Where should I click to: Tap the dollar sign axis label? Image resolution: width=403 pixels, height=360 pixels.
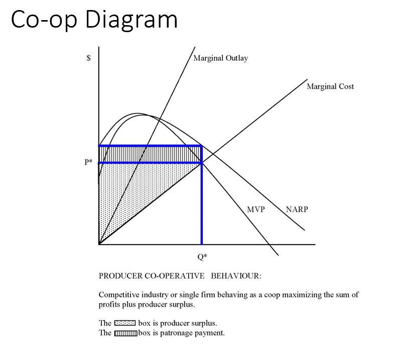click(89, 58)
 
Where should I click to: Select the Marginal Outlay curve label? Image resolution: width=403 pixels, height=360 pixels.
click(221, 58)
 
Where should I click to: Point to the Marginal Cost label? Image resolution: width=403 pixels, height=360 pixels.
click(330, 86)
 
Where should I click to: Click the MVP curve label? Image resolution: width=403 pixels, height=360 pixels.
click(256, 209)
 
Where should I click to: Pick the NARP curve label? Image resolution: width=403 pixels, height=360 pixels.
click(297, 209)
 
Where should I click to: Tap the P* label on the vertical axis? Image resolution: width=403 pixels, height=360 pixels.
click(89, 162)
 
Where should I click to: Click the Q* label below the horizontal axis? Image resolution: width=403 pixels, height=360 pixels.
click(202, 257)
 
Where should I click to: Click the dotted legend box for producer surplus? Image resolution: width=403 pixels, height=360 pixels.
click(125, 323)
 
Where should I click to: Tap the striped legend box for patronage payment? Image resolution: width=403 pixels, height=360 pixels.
click(125, 333)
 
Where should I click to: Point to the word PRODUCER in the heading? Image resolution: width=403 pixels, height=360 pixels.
click(120, 276)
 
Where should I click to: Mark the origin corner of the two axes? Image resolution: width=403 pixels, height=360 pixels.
click(99, 244)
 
